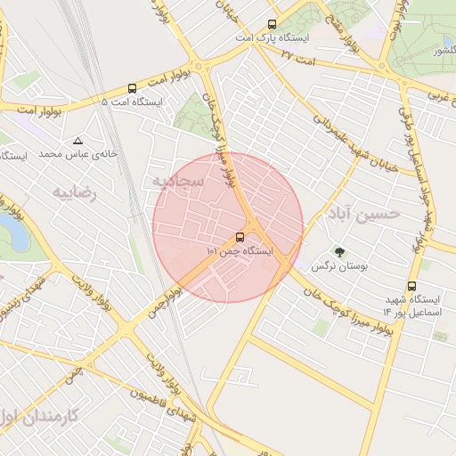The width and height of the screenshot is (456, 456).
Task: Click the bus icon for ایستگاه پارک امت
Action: point(272,25)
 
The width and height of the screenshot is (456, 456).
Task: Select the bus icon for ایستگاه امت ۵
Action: point(133,88)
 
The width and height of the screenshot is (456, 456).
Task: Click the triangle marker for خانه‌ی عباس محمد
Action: point(78,141)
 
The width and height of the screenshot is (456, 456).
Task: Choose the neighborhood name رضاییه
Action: point(74,191)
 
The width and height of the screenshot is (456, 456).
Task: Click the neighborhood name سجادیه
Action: point(178,182)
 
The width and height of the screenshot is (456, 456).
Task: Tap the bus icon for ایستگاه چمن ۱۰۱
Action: point(240,237)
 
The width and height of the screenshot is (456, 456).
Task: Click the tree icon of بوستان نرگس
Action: point(338,252)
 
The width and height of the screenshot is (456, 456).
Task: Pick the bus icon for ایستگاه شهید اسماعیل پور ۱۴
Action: point(411,286)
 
